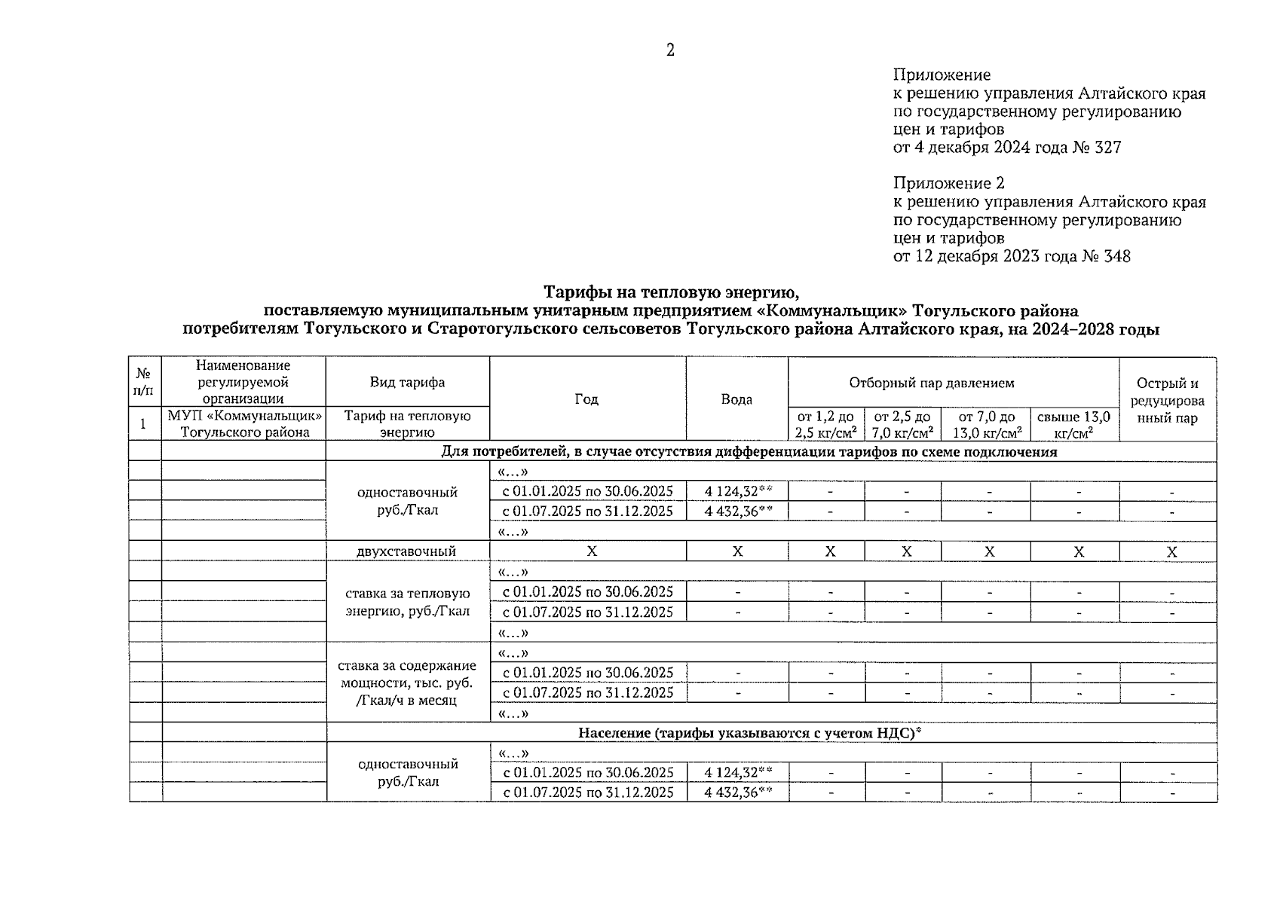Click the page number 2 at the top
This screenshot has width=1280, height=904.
click(x=670, y=50)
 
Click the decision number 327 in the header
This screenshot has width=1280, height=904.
click(x=1106, y=148)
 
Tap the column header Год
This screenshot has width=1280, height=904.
click(x=586, y=399)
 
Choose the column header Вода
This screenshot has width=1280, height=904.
click(x=736, y=399)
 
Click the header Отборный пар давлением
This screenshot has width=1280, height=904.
click(x=932, y=383)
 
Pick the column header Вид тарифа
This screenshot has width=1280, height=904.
click(x=407, y=382)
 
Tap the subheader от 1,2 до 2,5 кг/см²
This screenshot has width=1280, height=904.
click(x=826, y=425)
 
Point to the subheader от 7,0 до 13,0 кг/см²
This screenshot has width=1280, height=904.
click(x=987, y=425)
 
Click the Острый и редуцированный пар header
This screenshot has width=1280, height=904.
click(x=1167, y=400)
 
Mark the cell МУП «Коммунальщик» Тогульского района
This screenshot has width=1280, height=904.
click(x=245, y=424)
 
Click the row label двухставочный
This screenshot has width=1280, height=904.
click(x=406, y=551)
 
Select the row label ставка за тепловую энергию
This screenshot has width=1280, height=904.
click(x=407, y=602)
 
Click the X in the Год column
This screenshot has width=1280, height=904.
click(x=592, y=551)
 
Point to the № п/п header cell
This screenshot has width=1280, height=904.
click(x=144, y=382)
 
